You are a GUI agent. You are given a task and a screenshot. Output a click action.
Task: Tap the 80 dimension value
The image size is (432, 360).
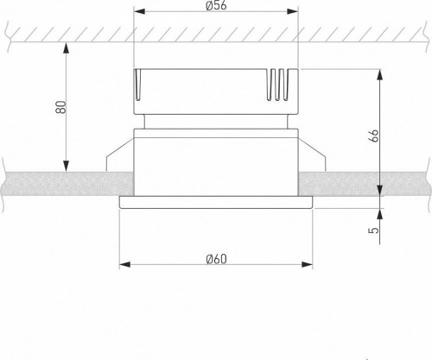point(59,109)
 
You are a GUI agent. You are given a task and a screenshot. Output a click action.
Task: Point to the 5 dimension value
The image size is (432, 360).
point(373,231)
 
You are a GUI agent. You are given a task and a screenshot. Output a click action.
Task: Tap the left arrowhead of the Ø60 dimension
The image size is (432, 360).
point(123,264)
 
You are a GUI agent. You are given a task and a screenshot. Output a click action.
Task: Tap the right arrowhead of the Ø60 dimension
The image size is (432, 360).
point(308,264)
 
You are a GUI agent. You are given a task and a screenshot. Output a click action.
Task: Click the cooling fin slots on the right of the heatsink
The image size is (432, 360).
point(278,87)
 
